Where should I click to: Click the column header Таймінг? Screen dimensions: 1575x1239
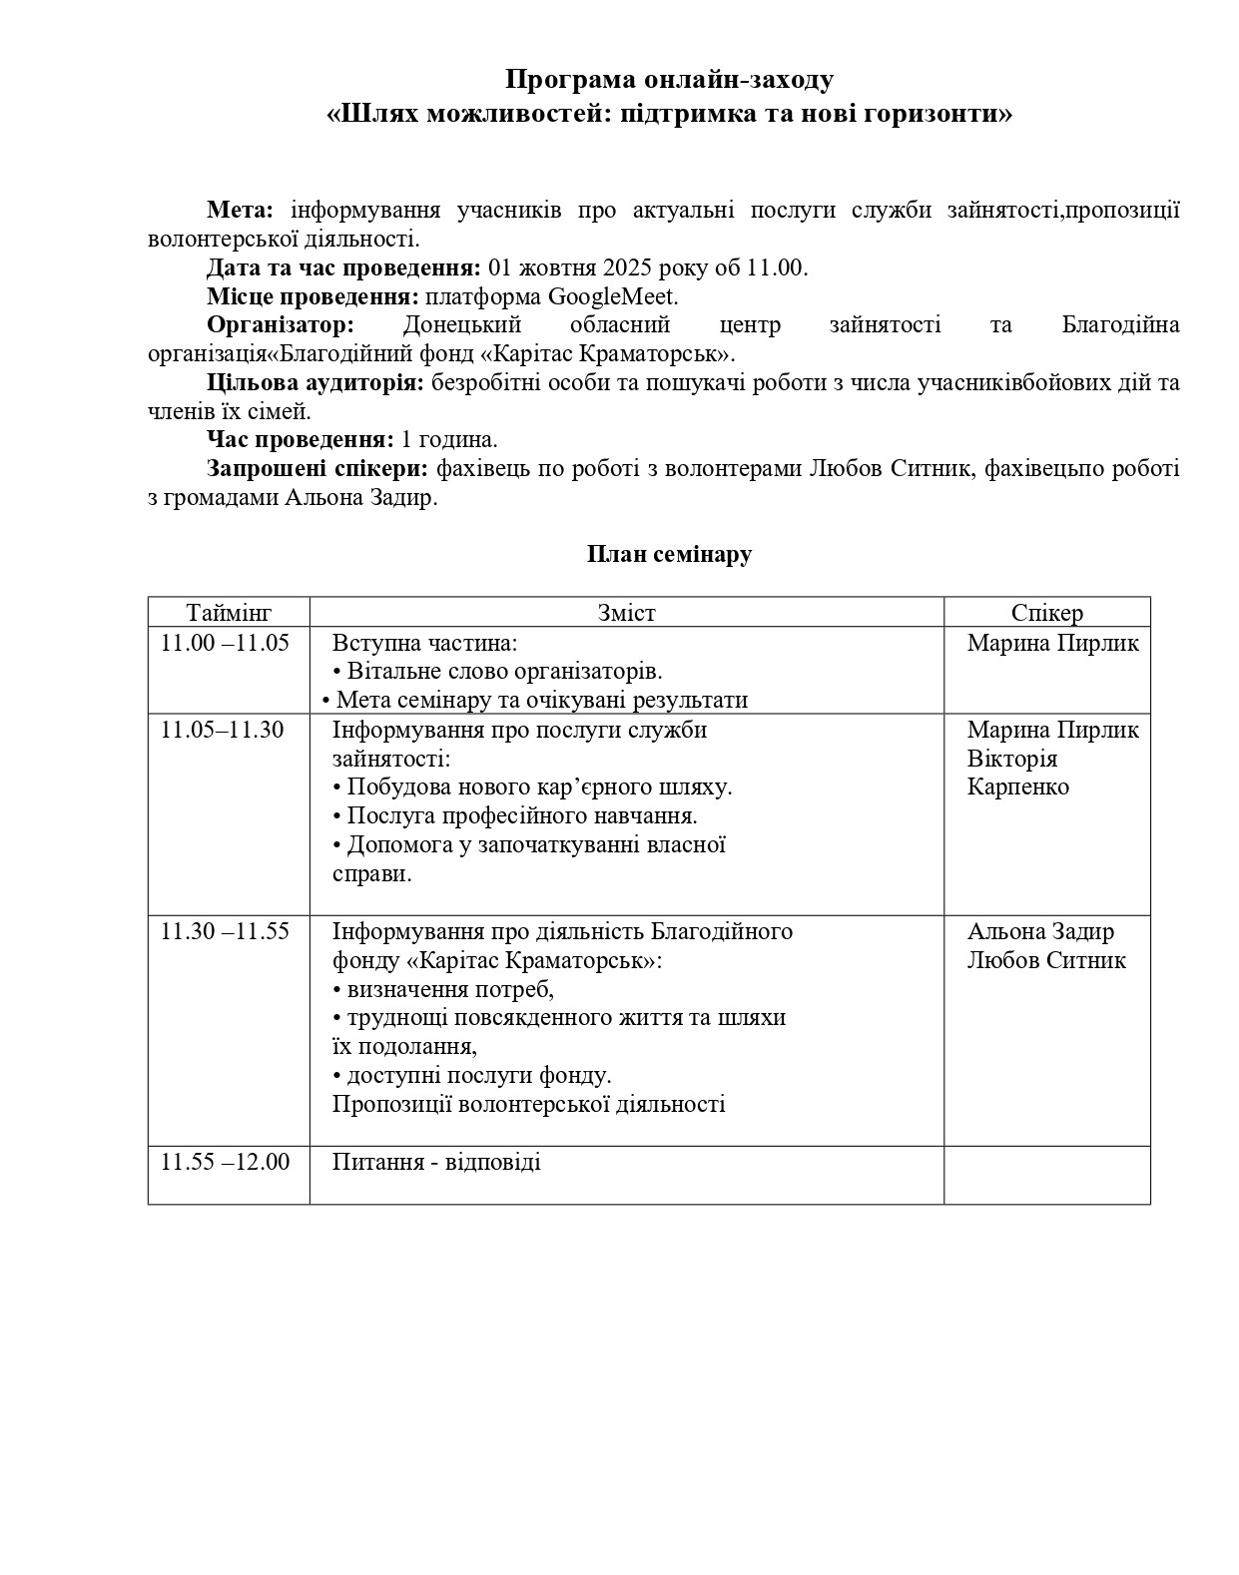coord(229,613)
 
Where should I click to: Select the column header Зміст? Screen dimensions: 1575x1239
coord(626,613)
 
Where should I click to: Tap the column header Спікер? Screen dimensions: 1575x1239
coord(1046,613)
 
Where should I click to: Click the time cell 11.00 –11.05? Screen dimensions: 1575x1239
coord(225,643)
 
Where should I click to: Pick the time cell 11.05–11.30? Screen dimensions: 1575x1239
coord(223,730)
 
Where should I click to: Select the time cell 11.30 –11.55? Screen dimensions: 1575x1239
coord(225,931)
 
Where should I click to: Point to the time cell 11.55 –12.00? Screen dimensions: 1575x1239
coord(225,1162)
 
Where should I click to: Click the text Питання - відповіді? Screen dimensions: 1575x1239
coord(436,1162)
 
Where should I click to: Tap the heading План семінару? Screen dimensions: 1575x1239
coord(669,554)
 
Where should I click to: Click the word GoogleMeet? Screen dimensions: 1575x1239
coord(613,296)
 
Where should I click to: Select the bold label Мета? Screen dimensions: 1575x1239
coord(240,210)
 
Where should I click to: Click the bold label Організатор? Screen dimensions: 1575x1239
coord(281,325)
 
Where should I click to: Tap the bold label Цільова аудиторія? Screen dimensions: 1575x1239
coord(315,383)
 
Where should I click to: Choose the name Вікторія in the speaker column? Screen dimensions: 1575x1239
coord(1011,759)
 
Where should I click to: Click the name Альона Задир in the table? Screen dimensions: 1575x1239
coord(1040,931)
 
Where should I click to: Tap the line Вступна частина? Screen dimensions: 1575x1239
coord(424,643)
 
